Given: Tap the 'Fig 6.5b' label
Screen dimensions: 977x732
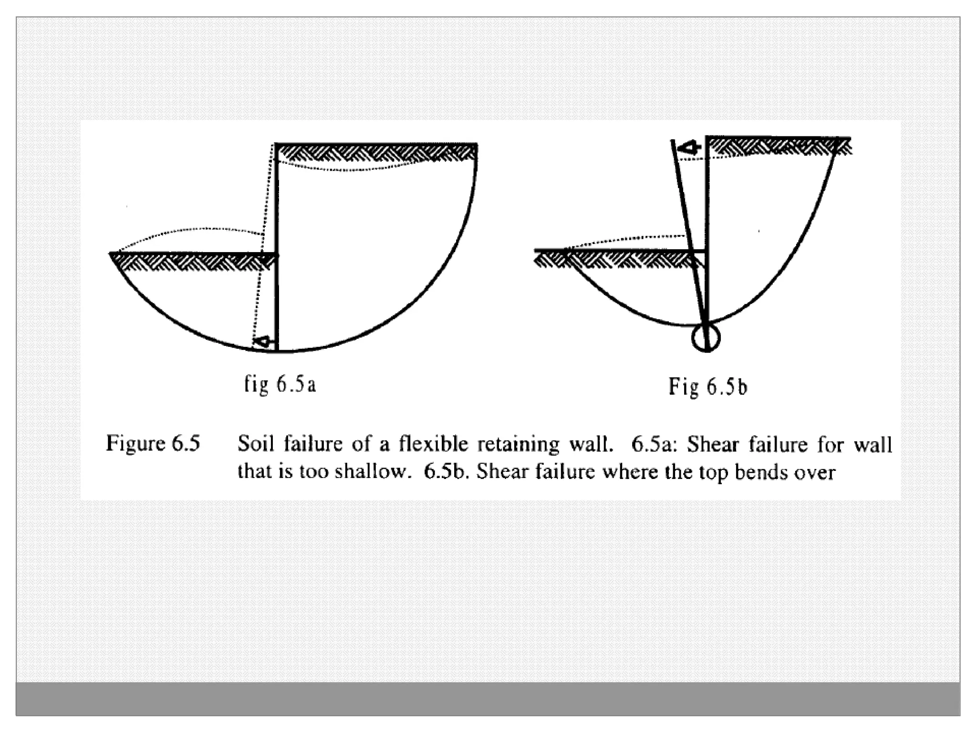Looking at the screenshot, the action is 707,386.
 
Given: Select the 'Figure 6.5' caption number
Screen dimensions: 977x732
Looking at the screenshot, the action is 153,444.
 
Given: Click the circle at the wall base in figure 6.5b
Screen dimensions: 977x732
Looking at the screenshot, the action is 706,338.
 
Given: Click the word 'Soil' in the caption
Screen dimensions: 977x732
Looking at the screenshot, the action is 256,444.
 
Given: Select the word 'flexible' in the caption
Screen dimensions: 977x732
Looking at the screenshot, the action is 433,444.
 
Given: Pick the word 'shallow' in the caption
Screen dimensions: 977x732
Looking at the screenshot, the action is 369,471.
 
